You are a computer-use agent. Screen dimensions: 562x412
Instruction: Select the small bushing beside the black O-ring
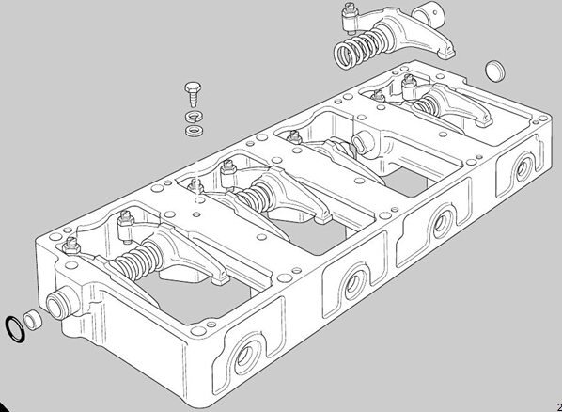tap(33, 321)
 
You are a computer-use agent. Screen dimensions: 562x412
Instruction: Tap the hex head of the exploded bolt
tap(193, 87)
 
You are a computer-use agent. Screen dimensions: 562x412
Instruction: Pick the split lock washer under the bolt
tap(194, 117)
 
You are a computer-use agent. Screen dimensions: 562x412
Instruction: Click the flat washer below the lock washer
tap(194, 130)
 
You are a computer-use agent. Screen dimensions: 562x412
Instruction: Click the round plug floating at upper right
tap(495, 71)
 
